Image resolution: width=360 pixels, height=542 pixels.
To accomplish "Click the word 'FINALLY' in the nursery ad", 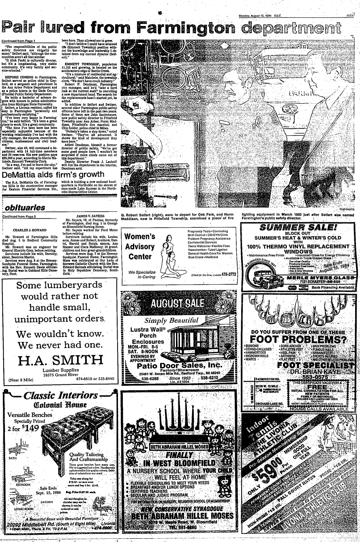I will click(179, 455).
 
